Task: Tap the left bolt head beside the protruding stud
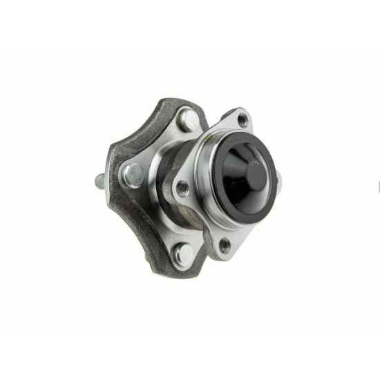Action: [132, 174]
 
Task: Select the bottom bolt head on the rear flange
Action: [184, 256]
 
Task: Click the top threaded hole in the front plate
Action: [243, 121]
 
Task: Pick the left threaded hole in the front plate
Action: [182, 187]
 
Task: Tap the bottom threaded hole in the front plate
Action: [225, 244]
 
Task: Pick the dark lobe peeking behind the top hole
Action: [228, 111]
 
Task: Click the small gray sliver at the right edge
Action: [378, 187]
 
